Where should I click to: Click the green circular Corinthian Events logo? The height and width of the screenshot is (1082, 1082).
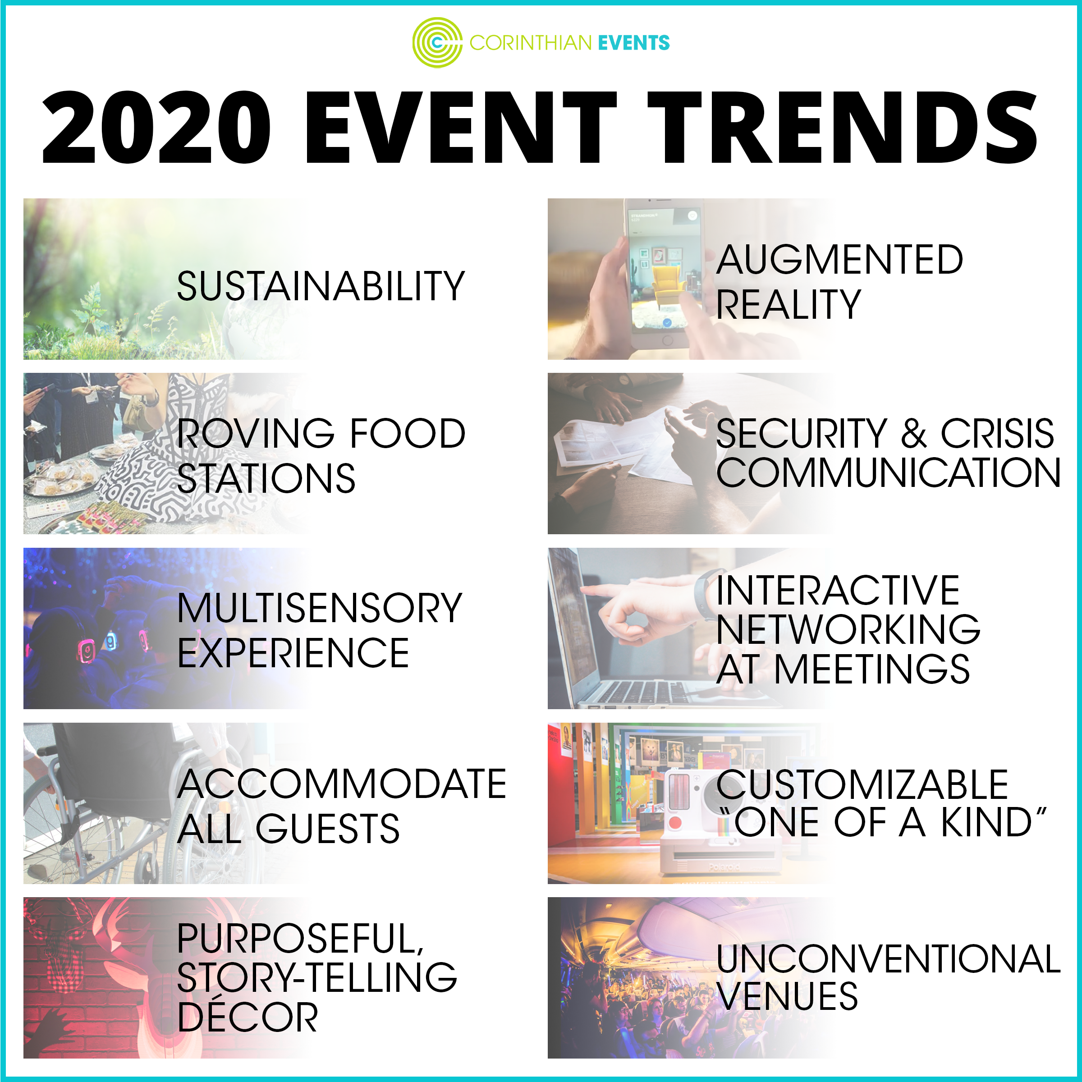(x=437, y=42)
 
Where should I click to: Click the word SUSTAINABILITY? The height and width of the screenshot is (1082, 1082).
(x=321, y=286)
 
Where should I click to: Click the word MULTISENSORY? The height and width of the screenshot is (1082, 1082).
(x=320, y=608)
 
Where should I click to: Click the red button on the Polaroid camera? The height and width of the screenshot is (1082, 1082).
(x=675, y=823)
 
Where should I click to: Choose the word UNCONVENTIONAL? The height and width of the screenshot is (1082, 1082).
(x=889, y=959)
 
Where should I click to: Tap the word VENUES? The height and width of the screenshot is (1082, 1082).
(x=787, y=996)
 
